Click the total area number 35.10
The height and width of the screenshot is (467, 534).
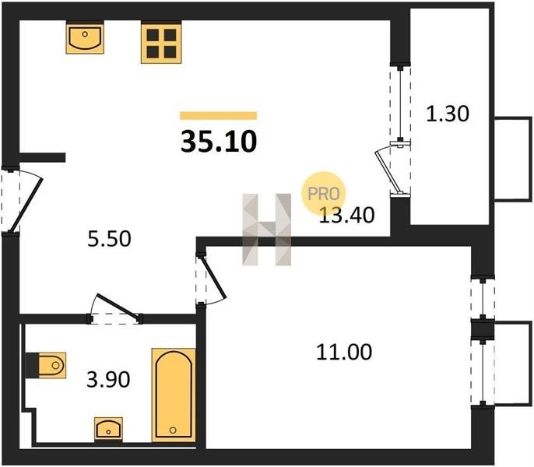pyautogui.click(x=219, y=142)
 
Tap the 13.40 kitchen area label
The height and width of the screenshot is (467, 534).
pyautogui.click(x=346, y=216)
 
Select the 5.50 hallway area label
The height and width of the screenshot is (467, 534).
pyautogui.click(x=109, y=239)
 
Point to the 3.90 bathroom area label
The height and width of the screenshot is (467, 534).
pyautogui.click(x=108, y=380)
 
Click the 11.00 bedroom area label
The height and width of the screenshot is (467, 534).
pyautogui.click(x=344, y=353)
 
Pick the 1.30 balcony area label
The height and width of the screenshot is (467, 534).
pyautogui.click(x=448, y=114)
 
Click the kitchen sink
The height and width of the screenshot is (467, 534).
pyautogui.click(x=85, y=37)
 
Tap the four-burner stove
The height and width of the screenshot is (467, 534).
pyautogui.click(x=161, y=42)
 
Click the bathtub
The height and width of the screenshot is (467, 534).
pyautogui.click(x=174, y=395)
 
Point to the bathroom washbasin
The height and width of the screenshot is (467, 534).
pyautogui.click(x=108, y=429)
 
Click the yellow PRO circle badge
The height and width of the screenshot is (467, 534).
pyautogui.click(x=324, y=194)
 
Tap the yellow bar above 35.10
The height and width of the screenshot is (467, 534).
pyautogui.click(x=218, y=116)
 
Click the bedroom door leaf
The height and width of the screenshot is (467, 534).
pyautogui.click(x=214, y=278)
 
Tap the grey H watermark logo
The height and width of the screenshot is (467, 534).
pyautogui.click(x=267, y=230)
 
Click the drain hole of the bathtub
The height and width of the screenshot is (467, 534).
pyautogui.click(x=173, y=430)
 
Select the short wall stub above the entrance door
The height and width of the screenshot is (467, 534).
pyautogui.click(x=42, y=157)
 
